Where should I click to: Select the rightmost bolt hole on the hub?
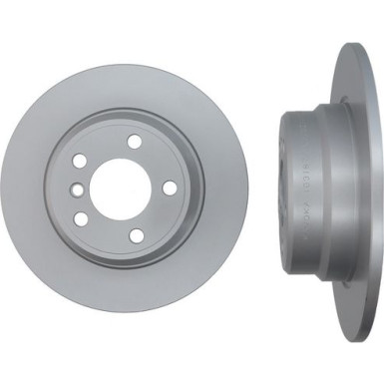(x=170, y=188)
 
